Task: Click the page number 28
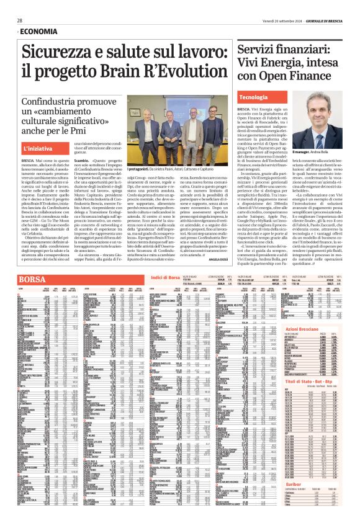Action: point(20,20)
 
